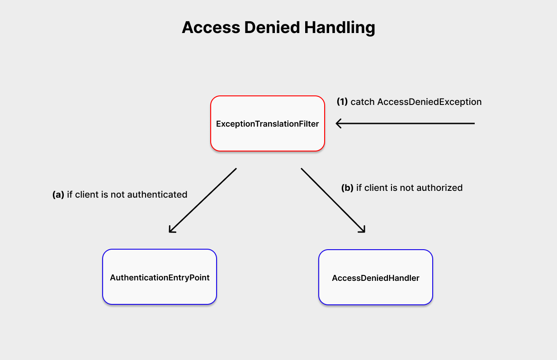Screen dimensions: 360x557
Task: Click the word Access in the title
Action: tap(211, 28)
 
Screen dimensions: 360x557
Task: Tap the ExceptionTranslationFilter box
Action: tap(268, 123)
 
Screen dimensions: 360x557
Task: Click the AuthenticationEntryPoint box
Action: tap(160, 277)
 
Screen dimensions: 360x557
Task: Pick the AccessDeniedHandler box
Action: tap(375, 278)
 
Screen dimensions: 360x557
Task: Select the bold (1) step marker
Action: tap(342, 102)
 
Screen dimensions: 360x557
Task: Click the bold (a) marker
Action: tap(58, 194)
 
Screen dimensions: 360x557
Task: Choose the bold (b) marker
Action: tap(347, 188)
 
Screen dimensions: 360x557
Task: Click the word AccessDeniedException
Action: tap(430, 102)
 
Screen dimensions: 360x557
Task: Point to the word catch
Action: tap(363, 102)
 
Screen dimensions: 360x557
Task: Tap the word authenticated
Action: tap(157, 194)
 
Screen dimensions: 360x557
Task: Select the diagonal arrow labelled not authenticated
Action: tap(203, 200)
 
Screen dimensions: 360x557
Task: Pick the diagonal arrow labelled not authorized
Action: tap(332, 200)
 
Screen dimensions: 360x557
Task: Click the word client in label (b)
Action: tap(377, 188)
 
